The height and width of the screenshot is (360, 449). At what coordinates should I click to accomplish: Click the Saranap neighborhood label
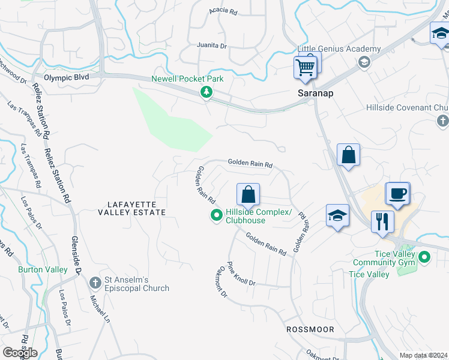pos(316,94)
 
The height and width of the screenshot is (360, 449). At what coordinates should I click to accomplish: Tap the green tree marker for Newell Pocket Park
pos(206,92)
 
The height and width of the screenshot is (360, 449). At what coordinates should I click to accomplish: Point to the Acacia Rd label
pos(223,11)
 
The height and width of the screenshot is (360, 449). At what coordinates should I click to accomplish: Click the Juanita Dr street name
pos(211,46)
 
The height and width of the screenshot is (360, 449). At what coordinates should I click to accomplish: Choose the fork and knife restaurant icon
pos(382,221)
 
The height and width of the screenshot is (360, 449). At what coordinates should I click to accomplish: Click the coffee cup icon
pos(397,194)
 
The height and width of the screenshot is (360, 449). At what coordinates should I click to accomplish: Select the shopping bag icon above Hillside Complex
pos(248,194)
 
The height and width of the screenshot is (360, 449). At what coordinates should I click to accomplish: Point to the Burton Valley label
pos(43,269)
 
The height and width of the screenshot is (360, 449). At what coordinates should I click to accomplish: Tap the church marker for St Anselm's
pos(95,283)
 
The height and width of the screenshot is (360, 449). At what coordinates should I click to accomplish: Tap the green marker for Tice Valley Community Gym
pos(425,258)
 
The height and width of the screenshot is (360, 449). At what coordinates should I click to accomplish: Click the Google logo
pos(20,352)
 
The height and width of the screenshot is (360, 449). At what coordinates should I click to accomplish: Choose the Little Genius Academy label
pos(339,49)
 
